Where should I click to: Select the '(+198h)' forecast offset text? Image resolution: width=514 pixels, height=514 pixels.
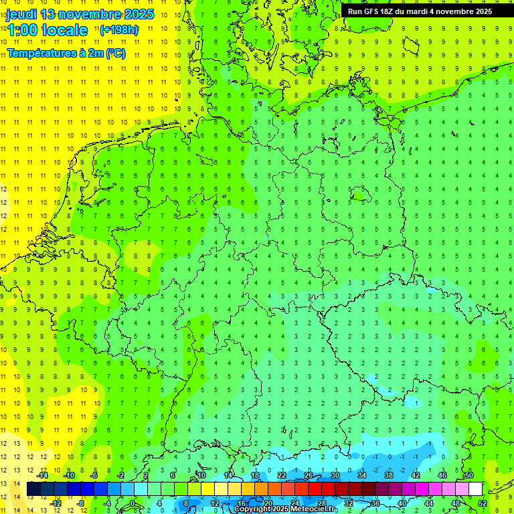[119, 29]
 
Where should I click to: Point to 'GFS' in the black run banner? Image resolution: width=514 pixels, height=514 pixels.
[371, 11]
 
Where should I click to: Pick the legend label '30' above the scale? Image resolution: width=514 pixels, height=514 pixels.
[335, 475]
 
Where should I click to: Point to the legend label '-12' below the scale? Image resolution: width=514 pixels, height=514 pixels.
[56, 503]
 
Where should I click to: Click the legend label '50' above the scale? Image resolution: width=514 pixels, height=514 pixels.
[469, 475]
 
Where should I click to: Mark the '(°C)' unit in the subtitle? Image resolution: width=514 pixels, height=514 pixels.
[114, 53]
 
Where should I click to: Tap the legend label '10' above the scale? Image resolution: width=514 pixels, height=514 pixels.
[201, 475]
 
